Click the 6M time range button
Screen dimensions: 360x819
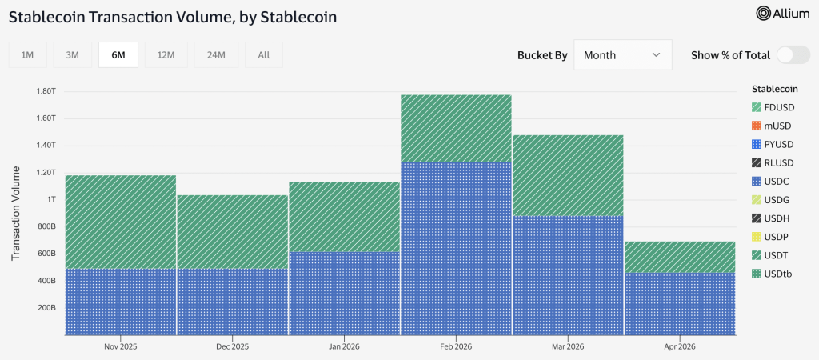pos(118,54)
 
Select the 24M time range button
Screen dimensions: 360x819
pos(216,54)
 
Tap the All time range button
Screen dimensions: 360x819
pos(263,54)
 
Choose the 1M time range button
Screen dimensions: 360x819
pos(27,54)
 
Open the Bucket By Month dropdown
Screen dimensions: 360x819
pos(622,55)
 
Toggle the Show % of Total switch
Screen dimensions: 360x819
pos(793,55)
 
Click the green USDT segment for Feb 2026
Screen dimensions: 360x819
pos(456,128)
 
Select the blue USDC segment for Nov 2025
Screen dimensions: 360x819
pos(121,302)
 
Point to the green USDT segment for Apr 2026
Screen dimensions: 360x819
pos(680,257)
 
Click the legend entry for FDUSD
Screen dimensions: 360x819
pos(773,107)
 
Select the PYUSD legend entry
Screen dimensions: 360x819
pos(773,144)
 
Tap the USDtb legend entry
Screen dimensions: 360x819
pos(773,274)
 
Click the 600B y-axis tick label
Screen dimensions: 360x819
pos(45,254)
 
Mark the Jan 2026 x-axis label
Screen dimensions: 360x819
pos(344,347)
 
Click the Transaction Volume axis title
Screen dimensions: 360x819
pos(16,214)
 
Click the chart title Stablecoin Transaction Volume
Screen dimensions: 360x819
pos(173,15)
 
